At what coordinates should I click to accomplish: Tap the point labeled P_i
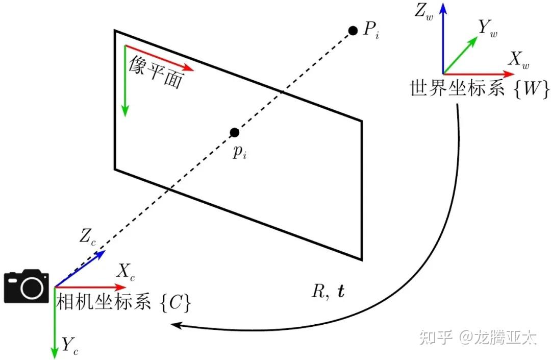[352, 31]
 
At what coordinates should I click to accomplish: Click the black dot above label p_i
[234, 133]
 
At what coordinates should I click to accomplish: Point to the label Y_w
[487, 29]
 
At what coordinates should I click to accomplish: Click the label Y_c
[71, 345]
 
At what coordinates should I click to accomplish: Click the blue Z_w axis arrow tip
[443, 6]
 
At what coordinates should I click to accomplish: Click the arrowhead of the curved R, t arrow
[176, 324]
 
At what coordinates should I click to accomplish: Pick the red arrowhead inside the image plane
[189, 67]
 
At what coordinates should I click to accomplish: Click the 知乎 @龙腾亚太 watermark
[477, 338]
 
